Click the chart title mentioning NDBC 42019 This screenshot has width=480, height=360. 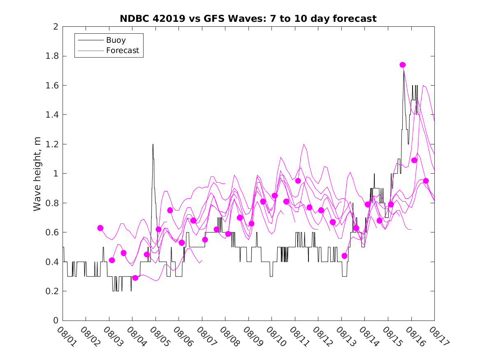point(248,19)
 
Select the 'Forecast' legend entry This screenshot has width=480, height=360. point(122,51)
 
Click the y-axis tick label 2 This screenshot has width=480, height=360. point(56,27)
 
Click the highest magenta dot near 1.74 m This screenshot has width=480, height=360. point(403,65)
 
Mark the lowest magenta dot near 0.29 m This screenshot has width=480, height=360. point(135,278)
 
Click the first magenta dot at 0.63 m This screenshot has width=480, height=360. point(100,228)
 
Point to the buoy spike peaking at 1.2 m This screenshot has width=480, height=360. point(153,145)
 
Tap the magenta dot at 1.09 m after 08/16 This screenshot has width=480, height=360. point(414,160)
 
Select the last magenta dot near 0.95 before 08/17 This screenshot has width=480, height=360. point(426,181)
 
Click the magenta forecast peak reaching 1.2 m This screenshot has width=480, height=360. point(304,144)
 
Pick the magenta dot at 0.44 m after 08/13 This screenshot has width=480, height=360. point(345,256)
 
